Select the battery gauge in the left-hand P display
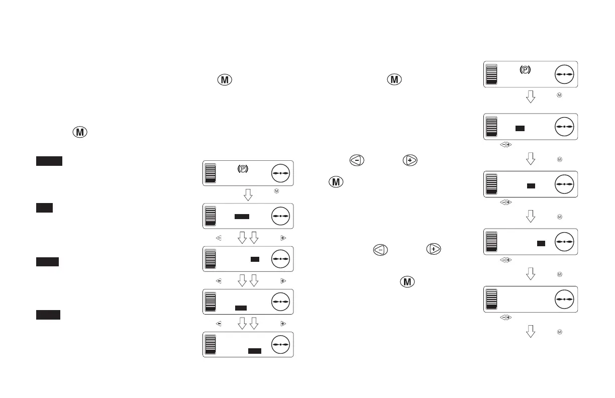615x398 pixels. pos(211,173)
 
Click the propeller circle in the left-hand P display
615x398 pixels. pos(281,173)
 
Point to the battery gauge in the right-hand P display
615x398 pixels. pos(491,74)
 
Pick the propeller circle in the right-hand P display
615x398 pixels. pos(565,74)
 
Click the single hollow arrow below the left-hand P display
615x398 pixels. pos(248,194)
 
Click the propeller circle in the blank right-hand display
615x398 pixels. pos(565,299)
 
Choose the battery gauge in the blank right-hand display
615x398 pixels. pos(491,299)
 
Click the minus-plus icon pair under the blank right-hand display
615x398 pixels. pos(505,317)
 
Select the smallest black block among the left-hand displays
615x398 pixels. pos(255,259)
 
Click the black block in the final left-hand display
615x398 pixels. pos(255,351)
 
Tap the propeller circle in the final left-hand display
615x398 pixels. pos(281,344)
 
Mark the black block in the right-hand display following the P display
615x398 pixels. pos(520,129)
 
